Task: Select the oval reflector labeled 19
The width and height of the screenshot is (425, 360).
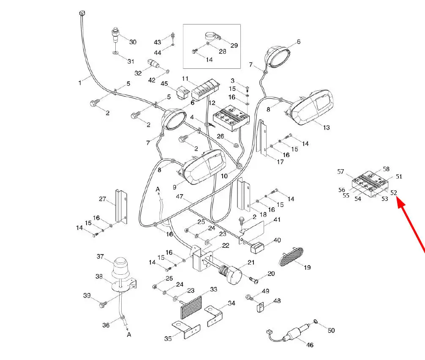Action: [x=291, y=256]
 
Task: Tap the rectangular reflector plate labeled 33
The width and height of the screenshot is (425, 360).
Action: [x=191, y=308]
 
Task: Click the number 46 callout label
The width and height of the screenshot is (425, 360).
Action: [x=310, y=345]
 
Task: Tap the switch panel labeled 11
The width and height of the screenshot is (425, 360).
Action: [x=205, y=90]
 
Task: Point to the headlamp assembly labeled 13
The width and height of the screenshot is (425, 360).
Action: [x=310, y=108]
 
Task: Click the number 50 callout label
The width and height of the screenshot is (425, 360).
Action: [x=331, y=330]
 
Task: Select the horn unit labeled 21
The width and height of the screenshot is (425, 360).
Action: [x=232, y=274]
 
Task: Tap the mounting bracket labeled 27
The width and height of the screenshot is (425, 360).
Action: [x=121, y=206]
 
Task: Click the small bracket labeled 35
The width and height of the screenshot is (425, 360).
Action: [x=186, y=330]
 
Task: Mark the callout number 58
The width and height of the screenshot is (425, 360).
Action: [x=386, y=169]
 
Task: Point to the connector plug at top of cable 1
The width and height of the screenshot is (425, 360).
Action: [x=82, y=13]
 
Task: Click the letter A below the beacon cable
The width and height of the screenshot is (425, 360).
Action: [x=129, y=335]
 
